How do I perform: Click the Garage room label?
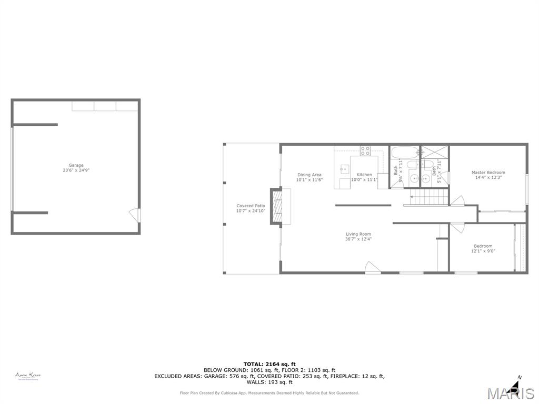point(76,165)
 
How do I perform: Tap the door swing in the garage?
point(135,215)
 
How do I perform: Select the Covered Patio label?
point(251,206)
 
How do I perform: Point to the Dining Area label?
point(309,175)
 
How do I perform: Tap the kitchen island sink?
point(344,169)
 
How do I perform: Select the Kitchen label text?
point(364,175)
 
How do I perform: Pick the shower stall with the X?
point(435,152)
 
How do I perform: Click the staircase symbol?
point(429,198)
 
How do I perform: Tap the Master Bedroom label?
point(488,173)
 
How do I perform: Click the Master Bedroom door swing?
point(457,201)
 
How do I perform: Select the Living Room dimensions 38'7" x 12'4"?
point(358,239)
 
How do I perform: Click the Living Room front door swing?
point(372,267)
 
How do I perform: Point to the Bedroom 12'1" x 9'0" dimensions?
point(483,251)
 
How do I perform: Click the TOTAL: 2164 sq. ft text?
point(269,364)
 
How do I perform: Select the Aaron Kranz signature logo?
point(28,376)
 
